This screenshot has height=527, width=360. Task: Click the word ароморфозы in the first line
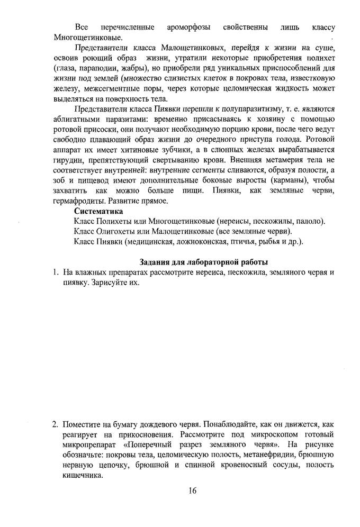coord(187,26)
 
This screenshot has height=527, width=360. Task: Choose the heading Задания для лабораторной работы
coord(203,262)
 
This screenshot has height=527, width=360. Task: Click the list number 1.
coord(55,272)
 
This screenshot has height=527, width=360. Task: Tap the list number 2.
coord(55,424)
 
